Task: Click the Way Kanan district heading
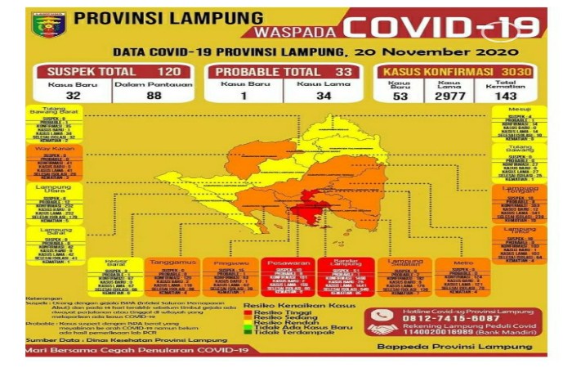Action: pyautogui.click(x=54, y=150)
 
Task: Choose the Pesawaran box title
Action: pyautogui.click(x=287, y=263)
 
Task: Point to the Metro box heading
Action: pyautogui.click(x=463, y=263)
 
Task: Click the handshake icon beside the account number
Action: pyautogui.click(x=382, y=329)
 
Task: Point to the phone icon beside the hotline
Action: pyautogui.click(x=382, y=314)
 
